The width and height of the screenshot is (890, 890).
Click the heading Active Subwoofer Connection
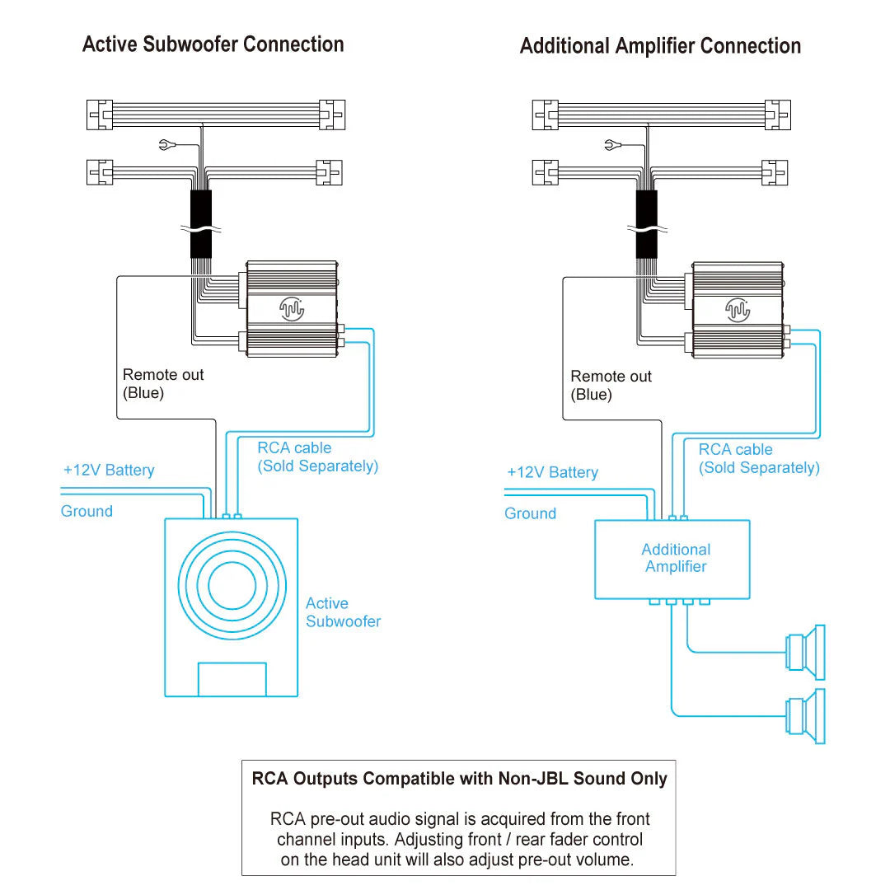click(213, 44)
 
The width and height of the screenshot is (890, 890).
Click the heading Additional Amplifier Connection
click(660, 46)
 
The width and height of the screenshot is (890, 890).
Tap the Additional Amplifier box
click(672, 560)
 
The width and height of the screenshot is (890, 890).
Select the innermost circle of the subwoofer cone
click(232, 585)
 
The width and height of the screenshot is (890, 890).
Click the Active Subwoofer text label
click(343, 611)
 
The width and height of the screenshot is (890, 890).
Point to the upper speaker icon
click(805, 652)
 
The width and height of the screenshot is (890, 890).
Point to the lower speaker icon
click(805, 716)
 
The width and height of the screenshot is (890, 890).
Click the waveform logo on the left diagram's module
click(292, 309)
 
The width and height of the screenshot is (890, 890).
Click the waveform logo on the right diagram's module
click(738, 310)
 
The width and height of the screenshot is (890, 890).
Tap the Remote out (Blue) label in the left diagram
click(163, 384)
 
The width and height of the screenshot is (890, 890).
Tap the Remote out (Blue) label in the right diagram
click(611, 386)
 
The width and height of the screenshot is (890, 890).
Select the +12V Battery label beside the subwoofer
click(109, 470)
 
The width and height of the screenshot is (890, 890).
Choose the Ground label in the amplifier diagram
click(530, 513)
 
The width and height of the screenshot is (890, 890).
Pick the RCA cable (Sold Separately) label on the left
click(318, 457)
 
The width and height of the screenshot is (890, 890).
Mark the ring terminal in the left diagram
click(165, 145)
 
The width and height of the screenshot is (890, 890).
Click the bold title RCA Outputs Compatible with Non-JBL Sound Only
click(459, 778)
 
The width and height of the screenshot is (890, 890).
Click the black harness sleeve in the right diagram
click(647, 224)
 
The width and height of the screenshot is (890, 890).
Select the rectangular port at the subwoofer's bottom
click(232, 679)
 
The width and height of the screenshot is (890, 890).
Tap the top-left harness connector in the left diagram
click(100, 115)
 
